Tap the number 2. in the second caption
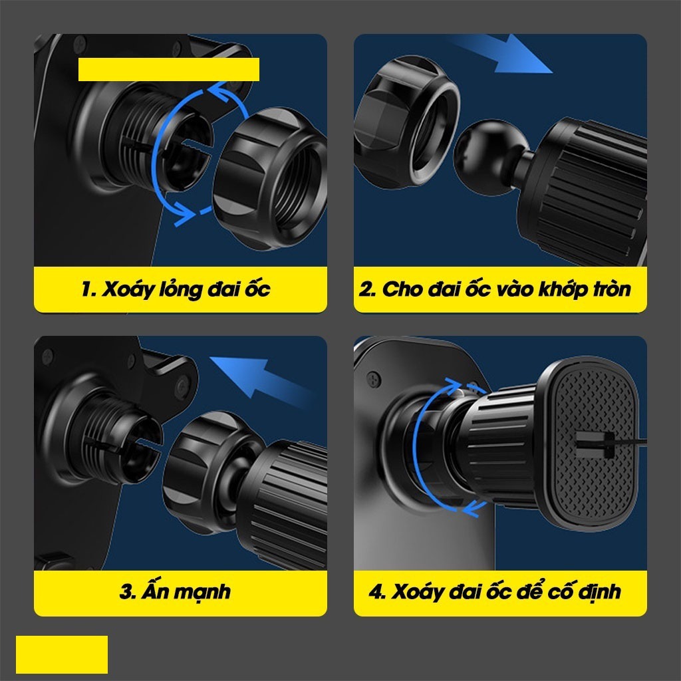[368, 289]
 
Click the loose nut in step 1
[271, 178]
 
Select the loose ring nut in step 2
[406, 122]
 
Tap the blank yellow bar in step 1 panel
[168, 69]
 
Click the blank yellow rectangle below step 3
[62, 654]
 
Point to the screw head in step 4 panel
[374, 379]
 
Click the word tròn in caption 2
[612, 289]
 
